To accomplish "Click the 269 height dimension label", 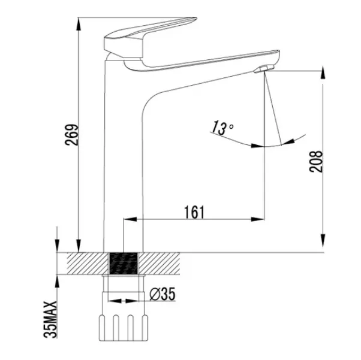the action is pos(71,135).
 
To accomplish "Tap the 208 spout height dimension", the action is pos(316,162).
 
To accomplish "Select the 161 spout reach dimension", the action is pos(194,212).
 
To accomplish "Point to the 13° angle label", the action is pos(222,128).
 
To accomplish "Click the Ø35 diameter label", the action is pos(163,294).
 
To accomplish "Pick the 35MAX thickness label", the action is pos(50,319).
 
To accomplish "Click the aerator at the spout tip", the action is pos(264,69).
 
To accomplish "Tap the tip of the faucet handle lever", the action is pos(196,18).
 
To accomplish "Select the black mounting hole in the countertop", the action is pos(124,263).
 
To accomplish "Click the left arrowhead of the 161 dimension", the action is pos(130,219).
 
